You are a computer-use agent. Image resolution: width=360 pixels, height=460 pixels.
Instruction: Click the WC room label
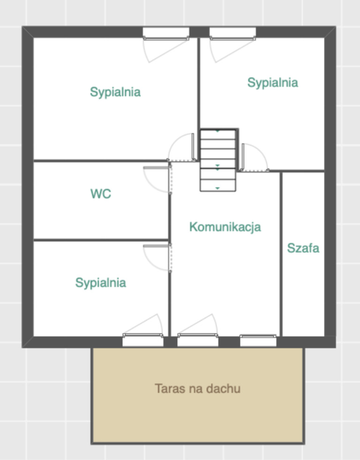[x=101, y=194]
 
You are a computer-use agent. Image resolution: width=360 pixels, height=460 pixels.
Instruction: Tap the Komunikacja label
[x=225, y=227]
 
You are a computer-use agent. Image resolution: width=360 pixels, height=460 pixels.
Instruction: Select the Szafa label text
[x=303, y=248]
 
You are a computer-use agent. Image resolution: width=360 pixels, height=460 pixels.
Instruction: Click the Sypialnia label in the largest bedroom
[x=115, y=92]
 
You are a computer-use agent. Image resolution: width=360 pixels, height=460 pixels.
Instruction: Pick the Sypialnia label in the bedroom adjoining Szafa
[x=273, y=83]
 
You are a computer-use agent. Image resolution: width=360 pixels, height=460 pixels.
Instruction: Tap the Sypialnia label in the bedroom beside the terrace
[x=101, y=283]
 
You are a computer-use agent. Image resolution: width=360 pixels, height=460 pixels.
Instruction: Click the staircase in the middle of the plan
[x=218, y=160]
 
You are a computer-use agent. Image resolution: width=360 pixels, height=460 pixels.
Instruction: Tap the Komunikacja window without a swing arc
[x=258, y=340]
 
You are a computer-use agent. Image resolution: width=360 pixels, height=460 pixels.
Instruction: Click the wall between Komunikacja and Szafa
[x=281, y=254]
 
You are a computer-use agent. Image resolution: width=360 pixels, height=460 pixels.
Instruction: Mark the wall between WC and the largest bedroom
[x=101, y=161]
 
